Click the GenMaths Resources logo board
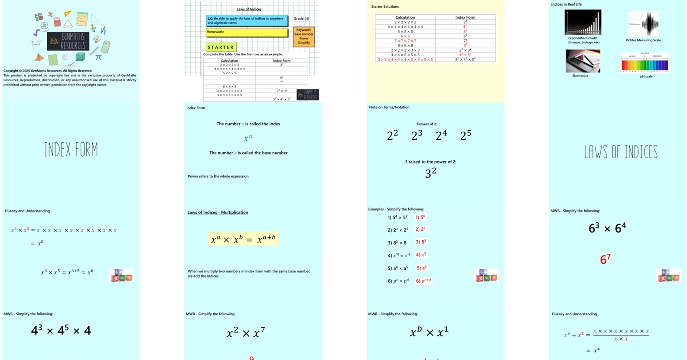point(68,41)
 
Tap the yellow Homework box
point(247,33)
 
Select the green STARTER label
point(221,47)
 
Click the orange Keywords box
point(304,36)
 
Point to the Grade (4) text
point(301,19)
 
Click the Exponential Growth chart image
point(583,22)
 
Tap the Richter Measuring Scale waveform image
point(644,24)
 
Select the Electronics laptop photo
point(583,61)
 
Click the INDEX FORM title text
point(71,150)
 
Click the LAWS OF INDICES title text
point(621,152)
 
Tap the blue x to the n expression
point(248,138)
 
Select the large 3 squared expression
point(430,173)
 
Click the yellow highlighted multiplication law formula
point(243,239)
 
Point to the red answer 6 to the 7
point(605,259)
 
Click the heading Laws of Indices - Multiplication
point(218,212)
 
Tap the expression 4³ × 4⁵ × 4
point(61,331)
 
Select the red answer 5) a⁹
point(422,268)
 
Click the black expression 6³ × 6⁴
point(607,228)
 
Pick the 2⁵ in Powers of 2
point(466,135)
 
